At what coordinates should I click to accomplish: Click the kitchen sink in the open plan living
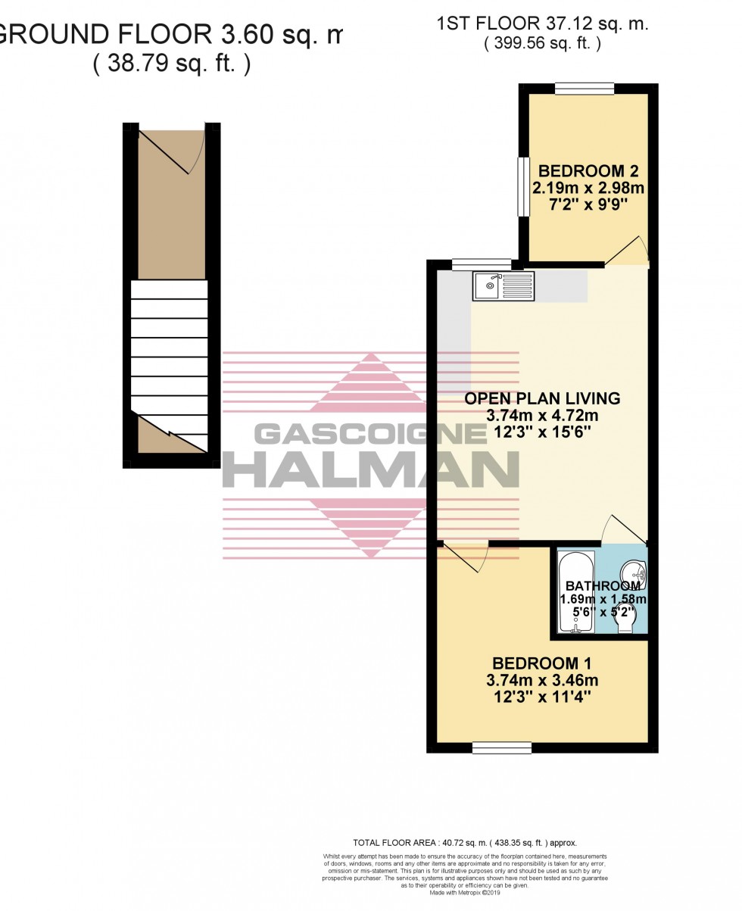click(x=503, y=285)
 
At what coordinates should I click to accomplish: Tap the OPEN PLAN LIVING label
click(x=542, y=398)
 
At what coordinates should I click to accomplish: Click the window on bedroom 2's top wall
click(x=584, y=89)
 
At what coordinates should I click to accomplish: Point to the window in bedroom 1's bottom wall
click(x=501, y=748)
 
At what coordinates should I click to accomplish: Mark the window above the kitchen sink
click(x=482, y=264)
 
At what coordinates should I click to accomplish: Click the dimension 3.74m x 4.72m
click(x=542, y=416)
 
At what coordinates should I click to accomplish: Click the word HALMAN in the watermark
click(x=371, y=469)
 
